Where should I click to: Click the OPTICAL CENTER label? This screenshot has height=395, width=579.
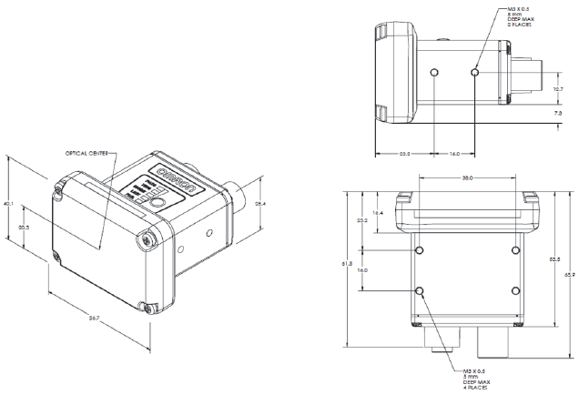tap(89, 153)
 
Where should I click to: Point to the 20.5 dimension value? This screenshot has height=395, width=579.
tap(24, 227)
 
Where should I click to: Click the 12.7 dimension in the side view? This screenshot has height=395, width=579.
tap(559, 89)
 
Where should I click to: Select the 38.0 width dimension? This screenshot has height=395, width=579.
tap(466, 178)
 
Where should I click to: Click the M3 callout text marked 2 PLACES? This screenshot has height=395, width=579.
tap(527, 18)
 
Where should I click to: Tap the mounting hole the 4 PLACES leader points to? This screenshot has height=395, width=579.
tap(419, 291)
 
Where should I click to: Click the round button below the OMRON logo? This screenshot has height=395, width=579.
tap(159, 205)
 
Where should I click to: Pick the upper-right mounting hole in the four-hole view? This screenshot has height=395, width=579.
tap(515, 250)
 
